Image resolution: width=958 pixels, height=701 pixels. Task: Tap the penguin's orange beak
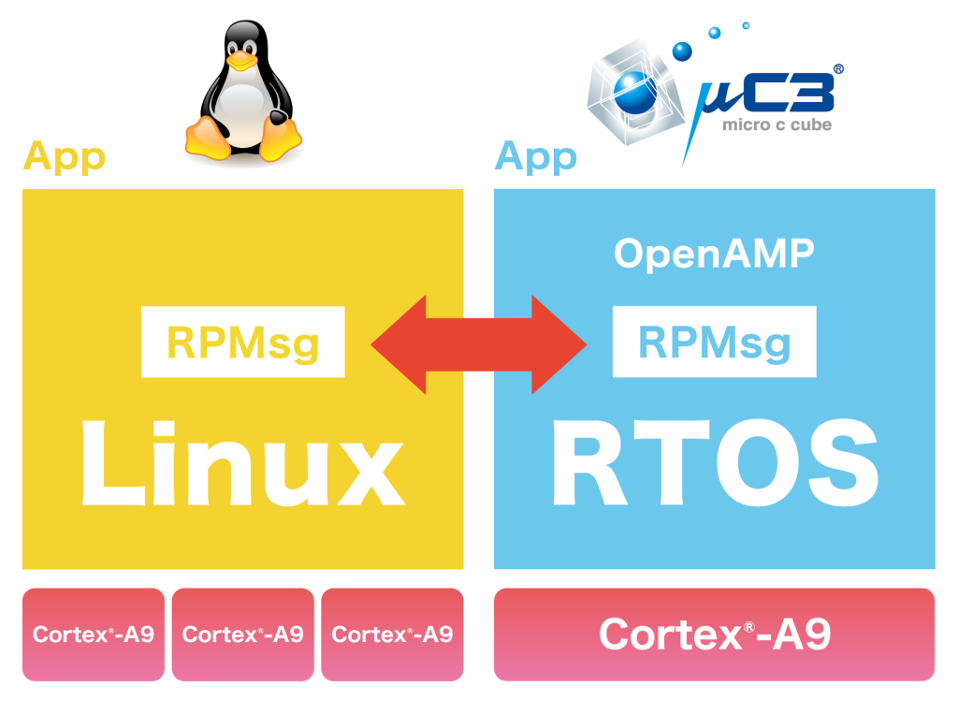[x=241, y=62]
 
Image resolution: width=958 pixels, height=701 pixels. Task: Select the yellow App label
[x=64, y=156]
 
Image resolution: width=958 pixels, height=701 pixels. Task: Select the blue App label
[x=535, y=156]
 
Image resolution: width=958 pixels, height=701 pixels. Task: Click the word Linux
[x=241, y=464]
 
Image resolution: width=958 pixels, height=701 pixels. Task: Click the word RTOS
[x=715, y=464]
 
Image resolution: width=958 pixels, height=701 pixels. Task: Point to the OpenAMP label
[x=714, y=254]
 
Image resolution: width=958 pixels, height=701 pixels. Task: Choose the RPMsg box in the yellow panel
[x=243, y=343]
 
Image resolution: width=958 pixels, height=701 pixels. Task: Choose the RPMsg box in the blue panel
[x=714, y=343]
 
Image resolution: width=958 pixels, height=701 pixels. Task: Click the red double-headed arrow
[x=479, y=344]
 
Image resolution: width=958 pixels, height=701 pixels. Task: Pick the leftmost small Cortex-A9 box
[x=93, y=634]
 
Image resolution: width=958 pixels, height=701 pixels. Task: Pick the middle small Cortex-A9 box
[x=242, y=634]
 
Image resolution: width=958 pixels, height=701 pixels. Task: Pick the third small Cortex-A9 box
[x=392, y=634]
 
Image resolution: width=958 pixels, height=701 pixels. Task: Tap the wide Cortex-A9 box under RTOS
[x=714, y=634]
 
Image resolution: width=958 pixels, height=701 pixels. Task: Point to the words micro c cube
[x=777, y=124]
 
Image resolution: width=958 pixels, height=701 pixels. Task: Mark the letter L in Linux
[x=106, y=464]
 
